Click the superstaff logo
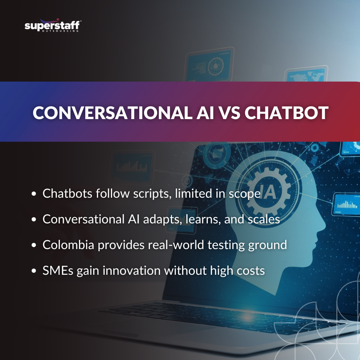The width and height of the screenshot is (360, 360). (x=53, y=26)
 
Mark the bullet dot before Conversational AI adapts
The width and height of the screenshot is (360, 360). (x=35, y=220)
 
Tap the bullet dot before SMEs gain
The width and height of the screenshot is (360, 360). (x=35, y=271)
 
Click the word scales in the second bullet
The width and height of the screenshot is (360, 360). (x=265, y=219)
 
